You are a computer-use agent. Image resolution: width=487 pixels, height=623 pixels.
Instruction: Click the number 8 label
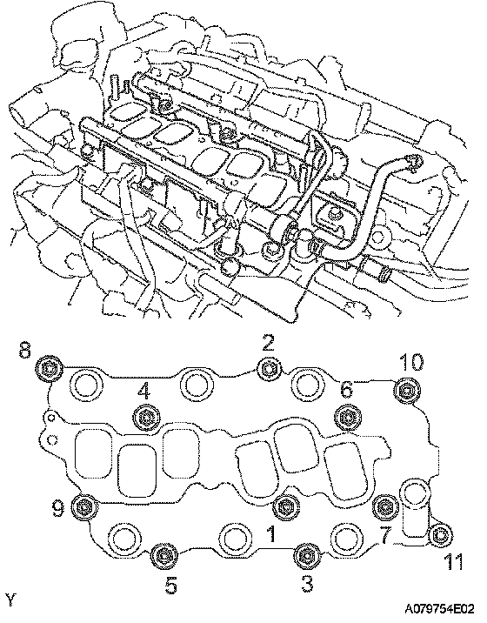(24, 350)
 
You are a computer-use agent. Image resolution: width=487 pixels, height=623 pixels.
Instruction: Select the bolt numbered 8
(50, 370)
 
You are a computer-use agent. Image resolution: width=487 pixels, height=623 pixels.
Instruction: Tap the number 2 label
(269, 343)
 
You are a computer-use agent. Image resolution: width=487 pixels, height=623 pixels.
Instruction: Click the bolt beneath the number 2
(270, 369)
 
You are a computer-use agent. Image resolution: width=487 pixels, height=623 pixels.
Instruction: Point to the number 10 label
(411, 362)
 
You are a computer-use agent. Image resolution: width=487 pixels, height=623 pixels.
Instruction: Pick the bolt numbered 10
(407, 392)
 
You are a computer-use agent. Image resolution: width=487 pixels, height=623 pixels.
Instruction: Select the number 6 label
(346, 390)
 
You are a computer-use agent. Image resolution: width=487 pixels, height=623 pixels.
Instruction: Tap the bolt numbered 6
(348, 417)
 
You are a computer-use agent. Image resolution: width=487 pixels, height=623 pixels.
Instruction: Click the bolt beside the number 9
(84, 507)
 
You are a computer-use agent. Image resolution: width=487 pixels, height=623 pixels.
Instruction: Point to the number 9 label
(58, 508)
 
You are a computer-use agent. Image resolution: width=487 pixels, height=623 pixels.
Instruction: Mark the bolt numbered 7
(385, 507)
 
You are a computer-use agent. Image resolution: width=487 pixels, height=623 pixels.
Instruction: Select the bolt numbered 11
(441, 536)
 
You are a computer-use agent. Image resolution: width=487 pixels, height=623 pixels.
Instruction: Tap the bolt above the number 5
(165, 555)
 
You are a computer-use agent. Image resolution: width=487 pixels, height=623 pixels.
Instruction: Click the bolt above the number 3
(306, 555)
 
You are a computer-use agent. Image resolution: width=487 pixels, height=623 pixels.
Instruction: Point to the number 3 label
(307, 585)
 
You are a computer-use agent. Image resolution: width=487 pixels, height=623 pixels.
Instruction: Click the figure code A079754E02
(439, 609)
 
